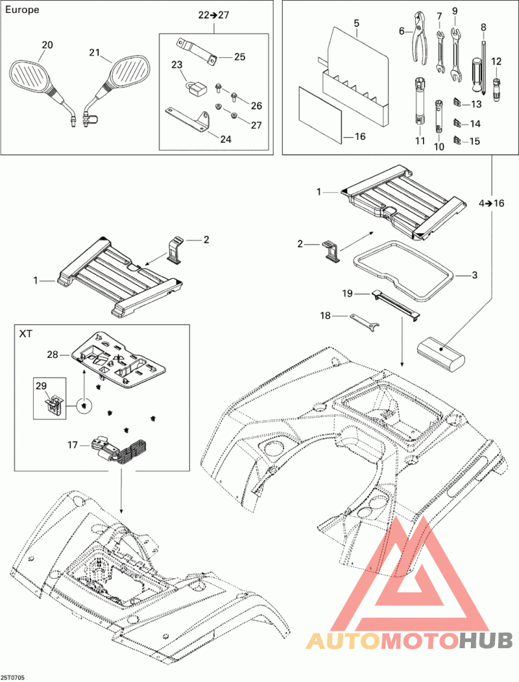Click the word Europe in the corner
click(22, 10)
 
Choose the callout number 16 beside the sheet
click(360, 136)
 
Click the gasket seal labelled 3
click(404, 271)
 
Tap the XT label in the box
click(25, 334)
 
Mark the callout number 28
click(53, 355)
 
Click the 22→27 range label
click(213, 15)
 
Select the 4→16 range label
click(491, 203)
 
